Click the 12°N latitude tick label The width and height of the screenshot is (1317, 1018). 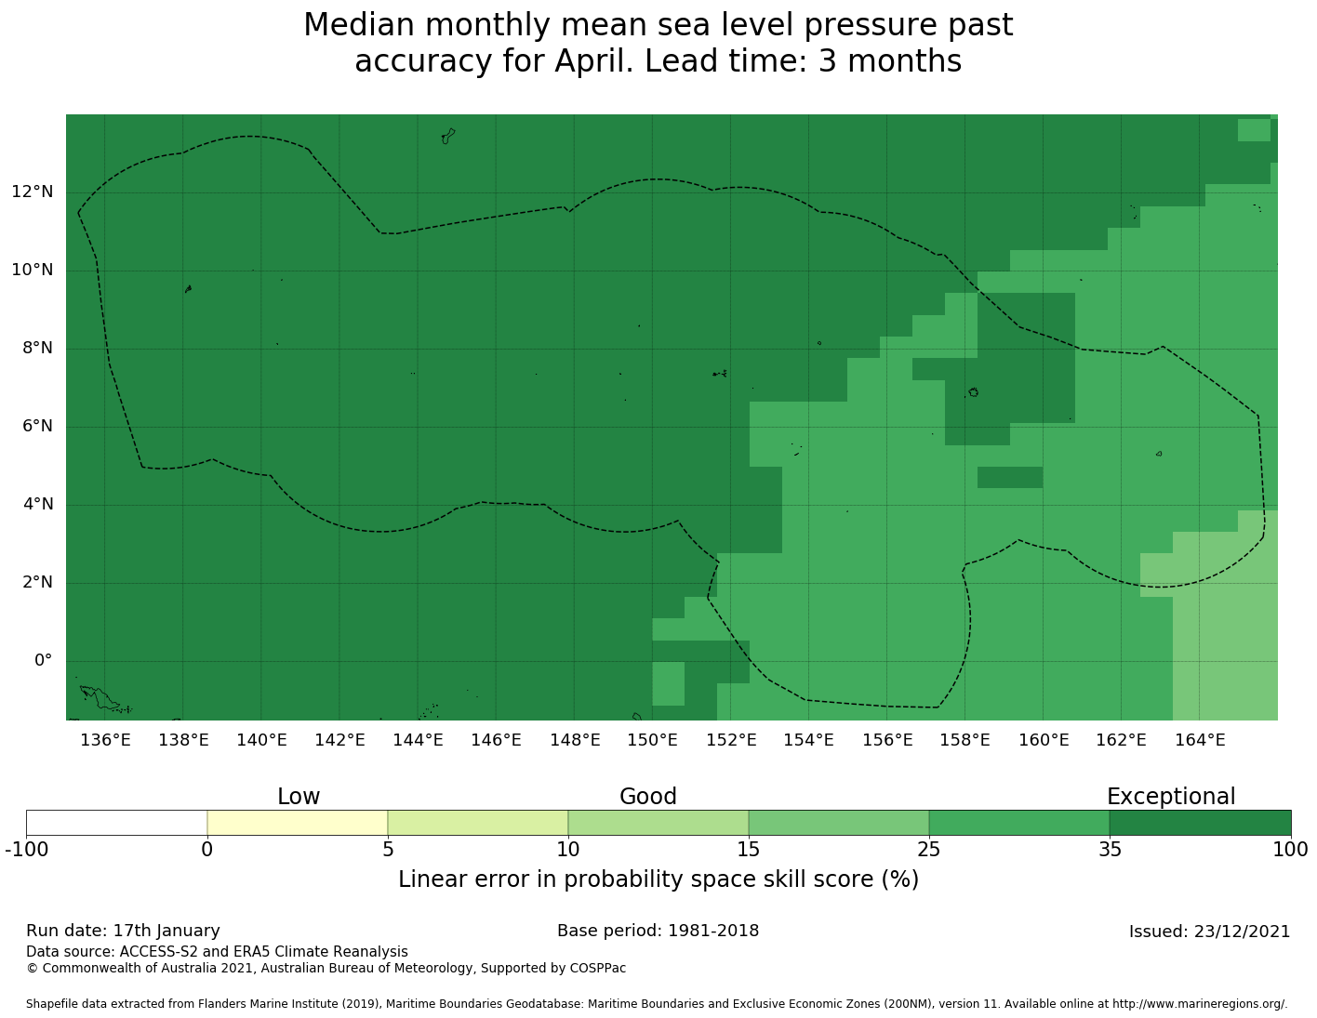tap(32, 192)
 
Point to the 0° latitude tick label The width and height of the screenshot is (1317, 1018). tap(43, 661)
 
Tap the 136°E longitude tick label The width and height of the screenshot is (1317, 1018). tap(105, 740)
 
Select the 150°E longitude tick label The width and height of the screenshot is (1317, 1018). tap(652, 740)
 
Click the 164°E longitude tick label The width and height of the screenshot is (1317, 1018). tap(1199, 740)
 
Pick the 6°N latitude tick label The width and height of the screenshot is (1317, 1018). tap(36, 427)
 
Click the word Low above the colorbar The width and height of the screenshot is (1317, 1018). tap(299, 797)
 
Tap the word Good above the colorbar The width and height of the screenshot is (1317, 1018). tap(648, 797)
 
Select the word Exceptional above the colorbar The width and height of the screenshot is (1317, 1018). tap(1170, 797)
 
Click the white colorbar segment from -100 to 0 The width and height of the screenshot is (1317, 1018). tap(116, 823)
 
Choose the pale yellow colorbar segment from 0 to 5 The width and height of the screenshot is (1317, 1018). tap(297, 823)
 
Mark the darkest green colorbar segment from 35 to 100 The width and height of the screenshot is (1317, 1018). tap(1200, 823)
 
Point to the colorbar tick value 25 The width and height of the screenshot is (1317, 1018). tap(928, 849)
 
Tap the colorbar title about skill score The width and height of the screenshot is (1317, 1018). tap(658, 879)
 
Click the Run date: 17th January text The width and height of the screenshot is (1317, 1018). tap(123, 931)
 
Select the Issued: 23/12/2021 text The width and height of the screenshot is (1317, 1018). tap(1209, 932)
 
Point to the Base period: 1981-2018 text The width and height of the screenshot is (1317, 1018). tap(658, 931)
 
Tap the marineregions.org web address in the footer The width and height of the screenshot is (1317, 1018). tap(1200, 1004)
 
